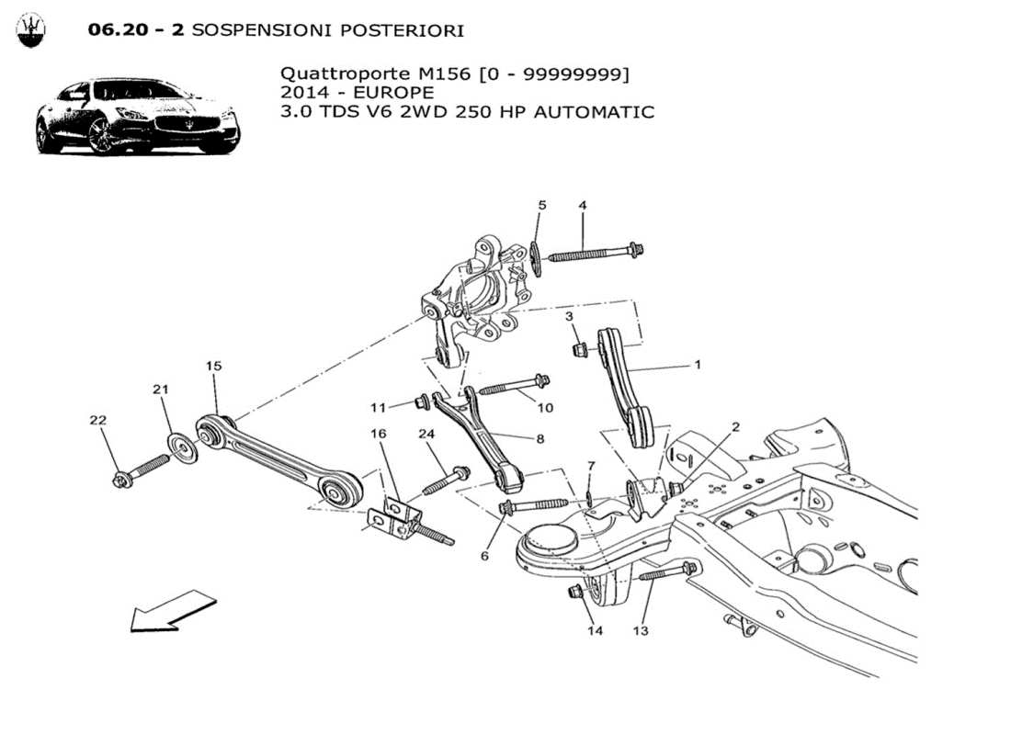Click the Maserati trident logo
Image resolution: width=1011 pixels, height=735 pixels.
[x=31, y=30]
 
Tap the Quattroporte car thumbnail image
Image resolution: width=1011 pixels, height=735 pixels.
[x=138, y=117]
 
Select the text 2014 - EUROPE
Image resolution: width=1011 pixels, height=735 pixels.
[x=358, y=93]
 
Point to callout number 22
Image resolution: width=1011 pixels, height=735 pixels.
[x=98, y=420]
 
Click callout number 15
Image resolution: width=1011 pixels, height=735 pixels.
[x=213, y=366]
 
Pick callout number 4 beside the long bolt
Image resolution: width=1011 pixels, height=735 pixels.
[x=582, y=205]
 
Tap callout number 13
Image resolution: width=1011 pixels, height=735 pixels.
[x=640, y=630]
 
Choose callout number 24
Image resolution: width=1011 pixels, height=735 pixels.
[x=426, y=433]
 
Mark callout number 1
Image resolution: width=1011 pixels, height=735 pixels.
[x=698, y=365]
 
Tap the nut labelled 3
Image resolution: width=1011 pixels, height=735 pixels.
[x=579, y=349]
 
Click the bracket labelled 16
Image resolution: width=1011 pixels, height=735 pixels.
[x=397, y=514]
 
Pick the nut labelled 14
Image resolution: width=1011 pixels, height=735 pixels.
[x=576, y=592]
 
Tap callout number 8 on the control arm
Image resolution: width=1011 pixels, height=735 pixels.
[x=540, y=439]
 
